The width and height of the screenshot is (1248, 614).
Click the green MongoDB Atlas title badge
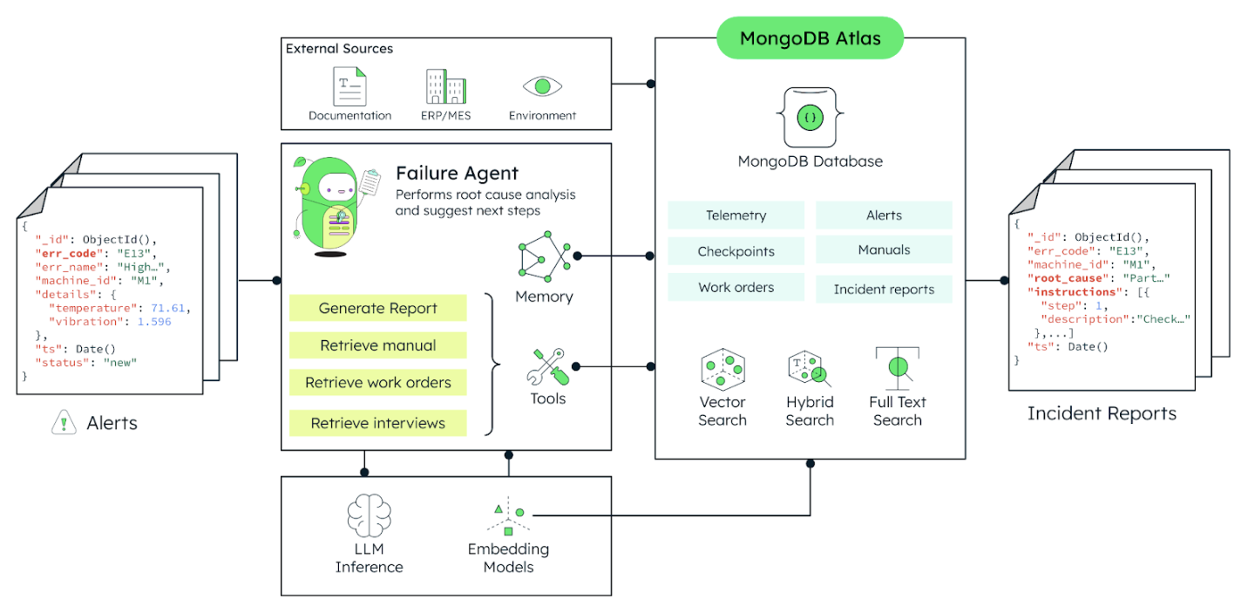tap(810, 38)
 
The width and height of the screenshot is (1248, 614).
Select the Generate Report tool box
tap(377, 308)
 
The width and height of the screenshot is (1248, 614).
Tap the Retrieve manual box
tap(377, 345)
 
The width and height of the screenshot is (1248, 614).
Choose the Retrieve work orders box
tap(377, 382)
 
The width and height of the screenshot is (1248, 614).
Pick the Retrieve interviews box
tap(377, 423)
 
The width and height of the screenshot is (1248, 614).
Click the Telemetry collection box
tap(736, 215)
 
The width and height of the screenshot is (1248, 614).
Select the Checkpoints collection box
tap(736, 251)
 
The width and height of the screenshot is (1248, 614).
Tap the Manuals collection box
tap(883, 249)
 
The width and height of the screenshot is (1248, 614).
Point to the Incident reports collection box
tap(883, 289)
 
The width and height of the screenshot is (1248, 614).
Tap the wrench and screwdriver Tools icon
tap(547, 366)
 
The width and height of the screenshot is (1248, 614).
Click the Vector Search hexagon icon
tap(722, 369)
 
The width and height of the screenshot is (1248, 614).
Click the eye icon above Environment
tap(542, 86)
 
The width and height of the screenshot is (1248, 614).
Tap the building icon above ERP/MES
tap(445, 87)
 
